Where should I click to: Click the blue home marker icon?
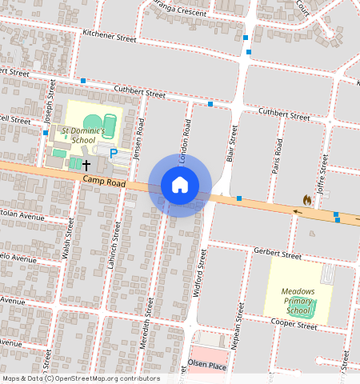tap(180, 185)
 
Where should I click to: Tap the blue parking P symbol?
tap(114, 152)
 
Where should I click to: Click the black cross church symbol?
tap(86, 164)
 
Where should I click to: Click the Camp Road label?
tap(104, 183)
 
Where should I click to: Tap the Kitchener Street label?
tap(110, 36)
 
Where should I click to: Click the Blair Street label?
tap(231, 144)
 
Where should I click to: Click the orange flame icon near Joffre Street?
tap(307, 198)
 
